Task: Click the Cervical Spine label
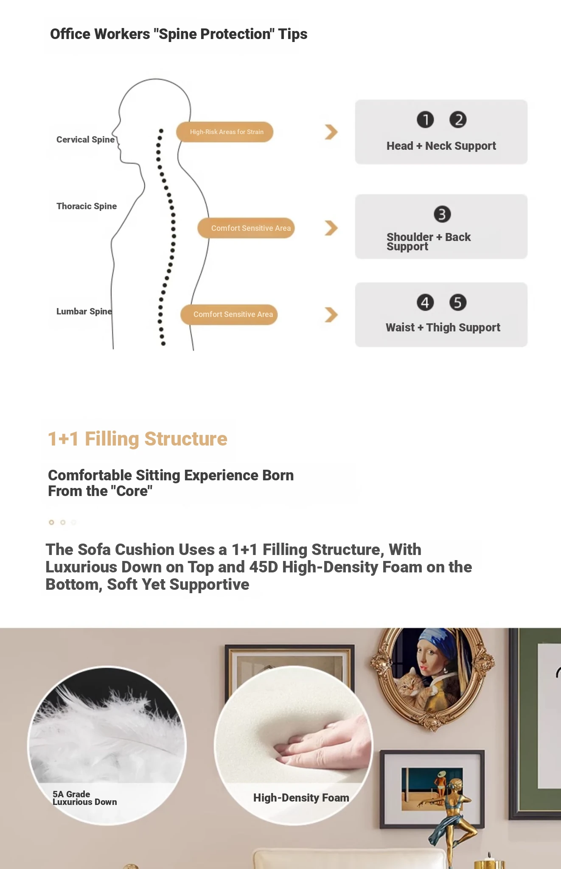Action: tap(85, 140)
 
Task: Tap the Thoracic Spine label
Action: tap(87, 206)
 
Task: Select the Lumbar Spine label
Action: tap(84, 311)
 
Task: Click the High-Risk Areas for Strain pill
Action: tap(225, 132)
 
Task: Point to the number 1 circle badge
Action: tap(425, 120)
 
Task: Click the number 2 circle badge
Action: tap(458, 120)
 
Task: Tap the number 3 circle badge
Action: tap(442, 214)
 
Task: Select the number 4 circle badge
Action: tap(425, 303)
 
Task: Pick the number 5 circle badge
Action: tap(458, 303)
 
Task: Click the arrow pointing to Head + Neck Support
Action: tap(331, 132)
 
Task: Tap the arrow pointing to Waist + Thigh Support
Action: tap(331, 315)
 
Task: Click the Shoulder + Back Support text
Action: tap(429, 242)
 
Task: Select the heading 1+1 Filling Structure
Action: tap(137, 439)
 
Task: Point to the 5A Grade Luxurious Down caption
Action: tap(84, 798)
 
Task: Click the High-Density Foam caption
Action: tap(301, 798)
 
